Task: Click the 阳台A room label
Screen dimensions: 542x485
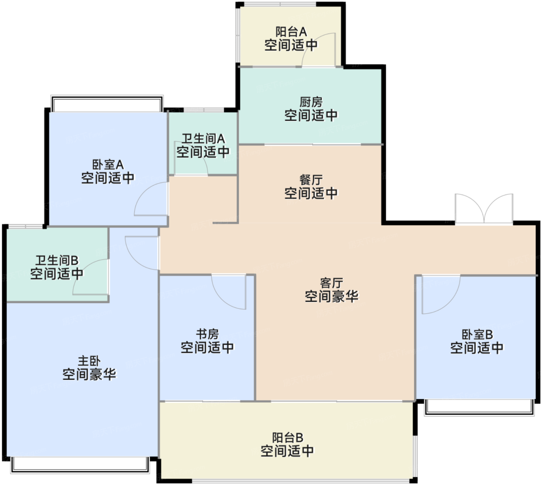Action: (x=291, y=32)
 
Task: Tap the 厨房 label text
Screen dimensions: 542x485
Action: (x=311, y=102)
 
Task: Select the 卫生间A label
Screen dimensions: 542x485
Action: (x=203, y=139)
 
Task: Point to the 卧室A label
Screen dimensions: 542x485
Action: (x=108, y=164)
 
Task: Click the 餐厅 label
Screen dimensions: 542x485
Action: (x=311, y=180)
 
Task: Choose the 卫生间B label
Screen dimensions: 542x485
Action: (x=57, y=261)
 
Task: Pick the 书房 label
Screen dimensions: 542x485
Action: (x=208, y=335)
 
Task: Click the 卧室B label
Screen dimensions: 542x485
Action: (x=477, y=335)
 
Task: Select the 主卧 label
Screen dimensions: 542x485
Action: (x=89, y=361)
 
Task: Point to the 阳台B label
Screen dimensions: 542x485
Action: (x=288, y=438)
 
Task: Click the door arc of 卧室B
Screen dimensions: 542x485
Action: (x=449, y=303)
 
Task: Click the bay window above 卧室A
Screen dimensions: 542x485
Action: (x=107, y=103)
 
